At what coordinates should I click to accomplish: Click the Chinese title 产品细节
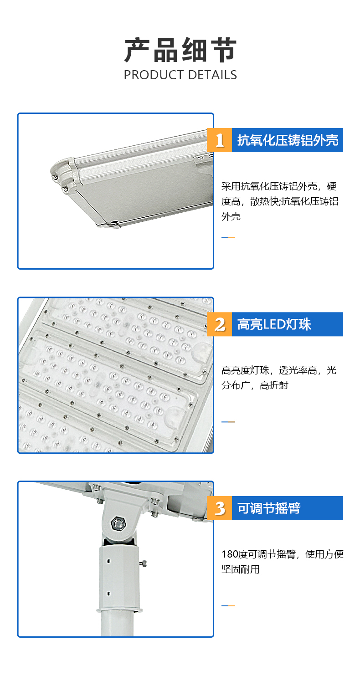(x=180, y=50)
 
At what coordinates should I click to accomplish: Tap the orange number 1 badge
(x=219, y=140)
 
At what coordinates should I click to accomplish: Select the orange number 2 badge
(x=219, y=324)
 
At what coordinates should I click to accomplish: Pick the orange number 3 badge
(x=219, y=508)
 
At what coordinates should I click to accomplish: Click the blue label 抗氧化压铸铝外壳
(x=288, y=140)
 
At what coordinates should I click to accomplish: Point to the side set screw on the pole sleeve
(x=143, y=563)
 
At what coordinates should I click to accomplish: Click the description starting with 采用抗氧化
(x=280, y=201)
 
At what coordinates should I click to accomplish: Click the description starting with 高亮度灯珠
(x=279, y=378)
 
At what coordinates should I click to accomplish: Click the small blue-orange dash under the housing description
(x=228, y=238)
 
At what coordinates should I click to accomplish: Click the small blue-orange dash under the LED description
(x=228, y=422)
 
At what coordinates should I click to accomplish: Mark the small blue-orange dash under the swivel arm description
(x=228, y=606)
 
